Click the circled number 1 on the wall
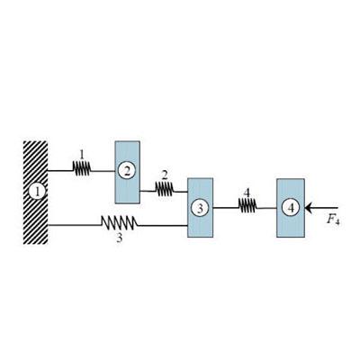(36, 191)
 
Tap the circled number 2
(128, 170)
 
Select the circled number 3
(200, 207)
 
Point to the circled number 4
(289, 207)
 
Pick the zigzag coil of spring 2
(164, 189)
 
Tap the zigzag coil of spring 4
(247, 207)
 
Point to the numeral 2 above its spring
(165, 174)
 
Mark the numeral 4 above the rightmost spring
(246, 192)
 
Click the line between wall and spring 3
(72, 223)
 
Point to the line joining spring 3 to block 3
(162, 223)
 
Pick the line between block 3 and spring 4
(225, 207)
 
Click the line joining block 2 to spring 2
(148, 189)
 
